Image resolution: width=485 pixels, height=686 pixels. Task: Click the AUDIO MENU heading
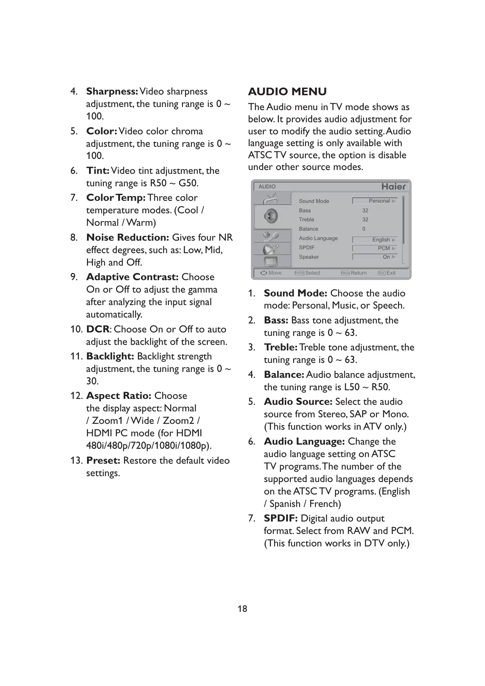pyautogui.click(x=287, y=92)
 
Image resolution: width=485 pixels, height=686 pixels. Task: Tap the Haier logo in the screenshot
pyautogui.click(x=393, y=187)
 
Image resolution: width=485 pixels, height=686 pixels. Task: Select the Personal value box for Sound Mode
pyautogui.click(x=374, y=201)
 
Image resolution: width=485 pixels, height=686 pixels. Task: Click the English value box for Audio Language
pyautogui.click(x=374, y=240)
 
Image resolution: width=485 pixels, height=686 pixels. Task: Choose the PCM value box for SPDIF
pyautogui.click(x=374, y=248)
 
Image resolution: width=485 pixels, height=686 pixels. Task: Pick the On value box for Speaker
pyautogui.click(x=374, y=257)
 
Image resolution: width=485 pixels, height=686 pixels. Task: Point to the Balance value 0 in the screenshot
pyautogui.click(x=364, y=229)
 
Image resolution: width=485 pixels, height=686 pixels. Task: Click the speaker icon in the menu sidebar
pyautogui.click(x=271, y=216)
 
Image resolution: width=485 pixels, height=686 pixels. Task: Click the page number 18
pyautogui.click(x=242, y=609)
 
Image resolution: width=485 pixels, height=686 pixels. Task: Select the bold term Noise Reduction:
pyautogui.click(x=127, y=238)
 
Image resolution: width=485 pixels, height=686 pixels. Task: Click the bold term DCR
pyautogui.click(x=98, y=329)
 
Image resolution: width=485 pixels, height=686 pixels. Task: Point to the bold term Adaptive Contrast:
pyautogui.click(x=132, y=277)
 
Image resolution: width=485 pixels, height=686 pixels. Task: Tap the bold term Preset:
pyautogui.click(x=103, y=461)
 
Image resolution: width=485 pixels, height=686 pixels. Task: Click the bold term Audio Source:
pyautogui.click(x=298, y=402)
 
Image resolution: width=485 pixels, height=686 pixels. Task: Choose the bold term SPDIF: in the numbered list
pyautogui.click(x=281, y=518)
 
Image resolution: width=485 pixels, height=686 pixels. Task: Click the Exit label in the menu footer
pyautogui.click(x=391, y=273)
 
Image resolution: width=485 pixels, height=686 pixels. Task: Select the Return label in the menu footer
pyautogui.click(x=359, y=273)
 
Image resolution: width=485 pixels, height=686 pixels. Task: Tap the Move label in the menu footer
pyautogui.click(x=275, y=273)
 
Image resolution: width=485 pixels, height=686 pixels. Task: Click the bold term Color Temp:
pyautogui.click(x=116, y=198)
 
